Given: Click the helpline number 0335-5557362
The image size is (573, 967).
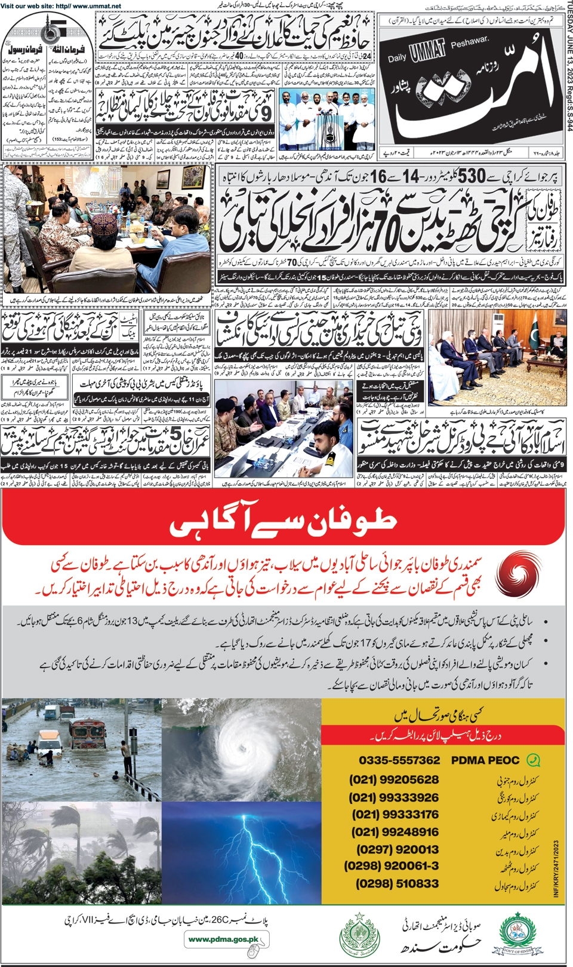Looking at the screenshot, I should (399, 760).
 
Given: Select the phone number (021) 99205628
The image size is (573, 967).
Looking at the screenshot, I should (394, 780).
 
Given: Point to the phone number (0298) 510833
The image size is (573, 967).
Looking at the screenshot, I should (397, 883).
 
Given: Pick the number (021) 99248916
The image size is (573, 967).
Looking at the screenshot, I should (395, 832).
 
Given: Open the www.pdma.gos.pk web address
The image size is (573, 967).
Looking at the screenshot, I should (223, 940).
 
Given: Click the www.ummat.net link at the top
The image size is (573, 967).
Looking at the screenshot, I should (96, 6).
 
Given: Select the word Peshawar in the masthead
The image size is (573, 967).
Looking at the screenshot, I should (470, 44).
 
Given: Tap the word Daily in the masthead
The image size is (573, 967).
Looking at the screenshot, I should (397, 57).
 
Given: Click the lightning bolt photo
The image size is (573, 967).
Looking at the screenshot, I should (242, 853).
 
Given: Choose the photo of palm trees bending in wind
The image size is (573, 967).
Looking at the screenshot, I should (82, 853).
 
